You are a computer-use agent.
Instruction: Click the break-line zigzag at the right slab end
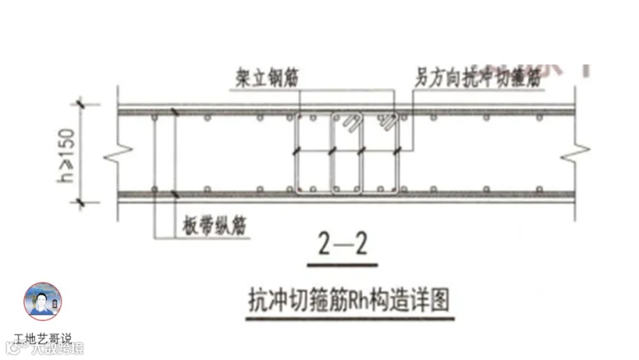pyautogui.click(x=577, y=153)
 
